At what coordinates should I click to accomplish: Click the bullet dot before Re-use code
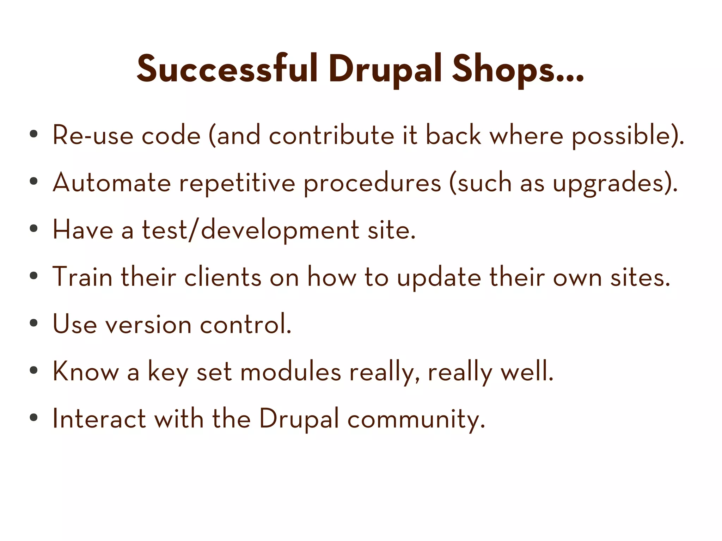coord(33,134)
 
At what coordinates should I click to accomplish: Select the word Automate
coord(112,183)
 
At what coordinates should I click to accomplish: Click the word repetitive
coord(237,183)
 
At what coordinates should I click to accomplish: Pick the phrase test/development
coord(250,230)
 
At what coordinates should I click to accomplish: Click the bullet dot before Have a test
coord(33,229)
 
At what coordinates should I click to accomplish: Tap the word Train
coord(82,277)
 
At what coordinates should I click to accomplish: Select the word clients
coord(223,277)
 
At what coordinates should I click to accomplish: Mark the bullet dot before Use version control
coord(33,323)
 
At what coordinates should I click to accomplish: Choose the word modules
coord(290,371)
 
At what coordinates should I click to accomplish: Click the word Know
coord(86,371)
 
